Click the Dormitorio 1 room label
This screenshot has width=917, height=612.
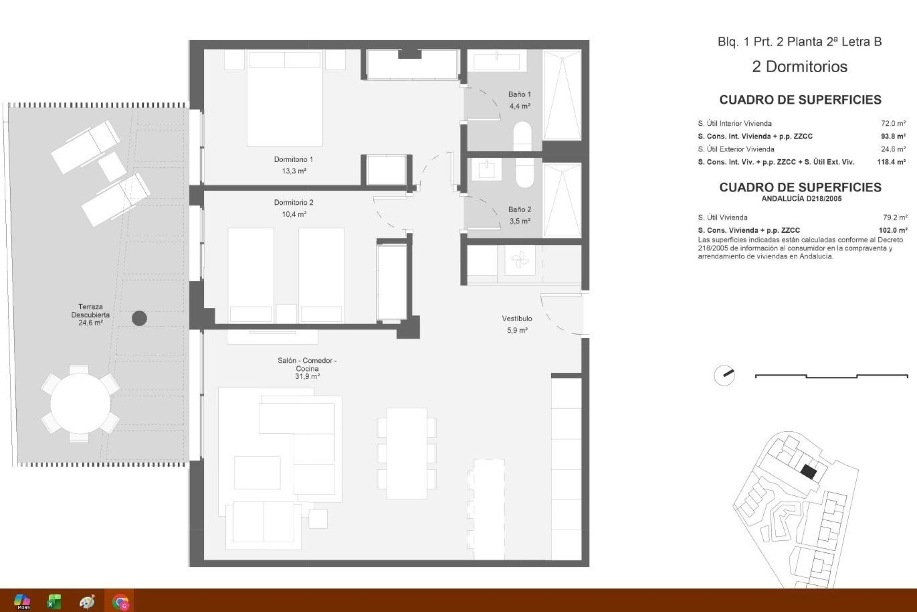tap(293, 159)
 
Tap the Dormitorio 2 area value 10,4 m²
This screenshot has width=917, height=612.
tap(294, 214)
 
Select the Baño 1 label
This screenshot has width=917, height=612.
tap(519, 95)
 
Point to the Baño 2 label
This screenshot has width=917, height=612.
tap(519, 209)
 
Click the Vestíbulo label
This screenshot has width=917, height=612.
tap(517, 318)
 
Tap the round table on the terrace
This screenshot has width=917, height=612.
tap(80, 404)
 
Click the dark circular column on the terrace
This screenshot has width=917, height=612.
tap(139, 318)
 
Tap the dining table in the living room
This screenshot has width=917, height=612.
tap(406, 453)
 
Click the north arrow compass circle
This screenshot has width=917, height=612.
tap(724, 376)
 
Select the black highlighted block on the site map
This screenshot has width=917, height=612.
tap(809, 472)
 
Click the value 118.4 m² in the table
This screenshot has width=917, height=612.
tap(891, 162)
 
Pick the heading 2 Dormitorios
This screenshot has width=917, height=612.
tap(800, 66)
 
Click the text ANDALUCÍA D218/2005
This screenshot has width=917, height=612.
tap(801, 198)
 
